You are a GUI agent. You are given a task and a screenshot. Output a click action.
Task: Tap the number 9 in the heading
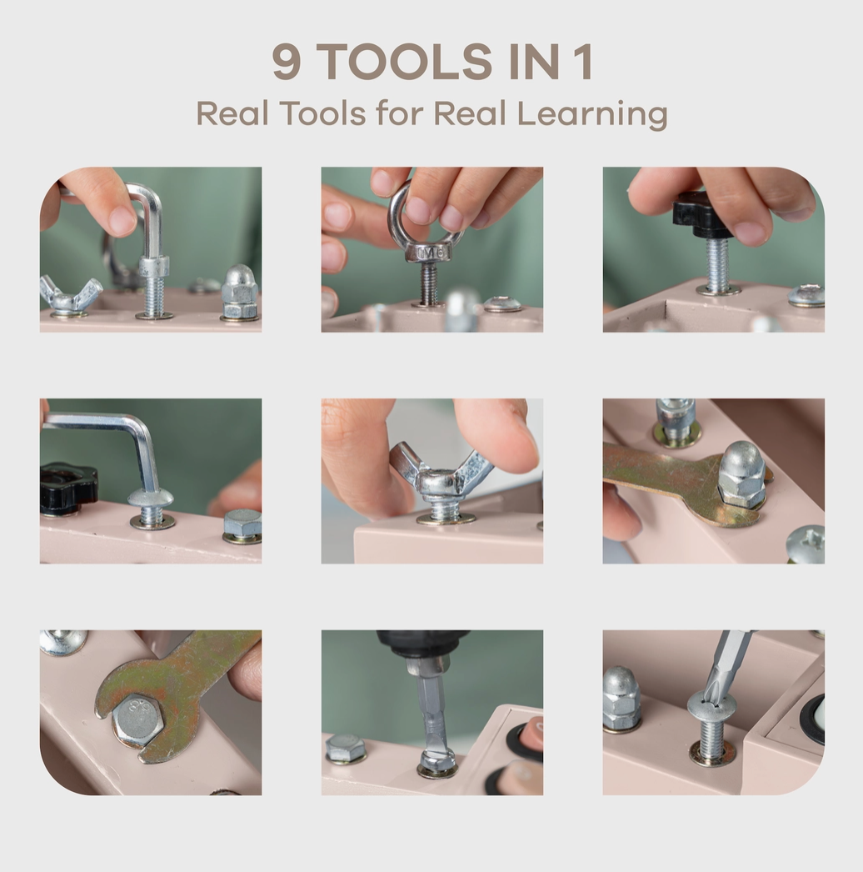[x=287, y=63]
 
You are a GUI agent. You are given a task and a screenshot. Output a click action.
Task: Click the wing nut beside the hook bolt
[x=69, y=296]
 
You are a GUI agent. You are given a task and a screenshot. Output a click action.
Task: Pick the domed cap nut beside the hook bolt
[x=239, y=293]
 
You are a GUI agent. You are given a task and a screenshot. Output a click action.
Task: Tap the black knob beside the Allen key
[x=67, y=487]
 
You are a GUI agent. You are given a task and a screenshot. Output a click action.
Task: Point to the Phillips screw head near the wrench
[x=806, y=543]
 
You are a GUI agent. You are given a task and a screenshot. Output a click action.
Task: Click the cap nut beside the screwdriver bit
[x=621, y=698]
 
